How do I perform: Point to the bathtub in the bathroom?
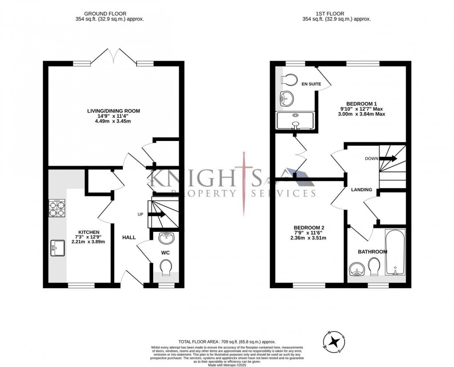[395, 253]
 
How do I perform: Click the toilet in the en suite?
[289, 80]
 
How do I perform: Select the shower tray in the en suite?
[295, 120]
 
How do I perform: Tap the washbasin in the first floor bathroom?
[356, 268]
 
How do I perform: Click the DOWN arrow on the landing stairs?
[388, 158]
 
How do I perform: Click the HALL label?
[129, 238]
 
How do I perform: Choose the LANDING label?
[361, 190]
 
